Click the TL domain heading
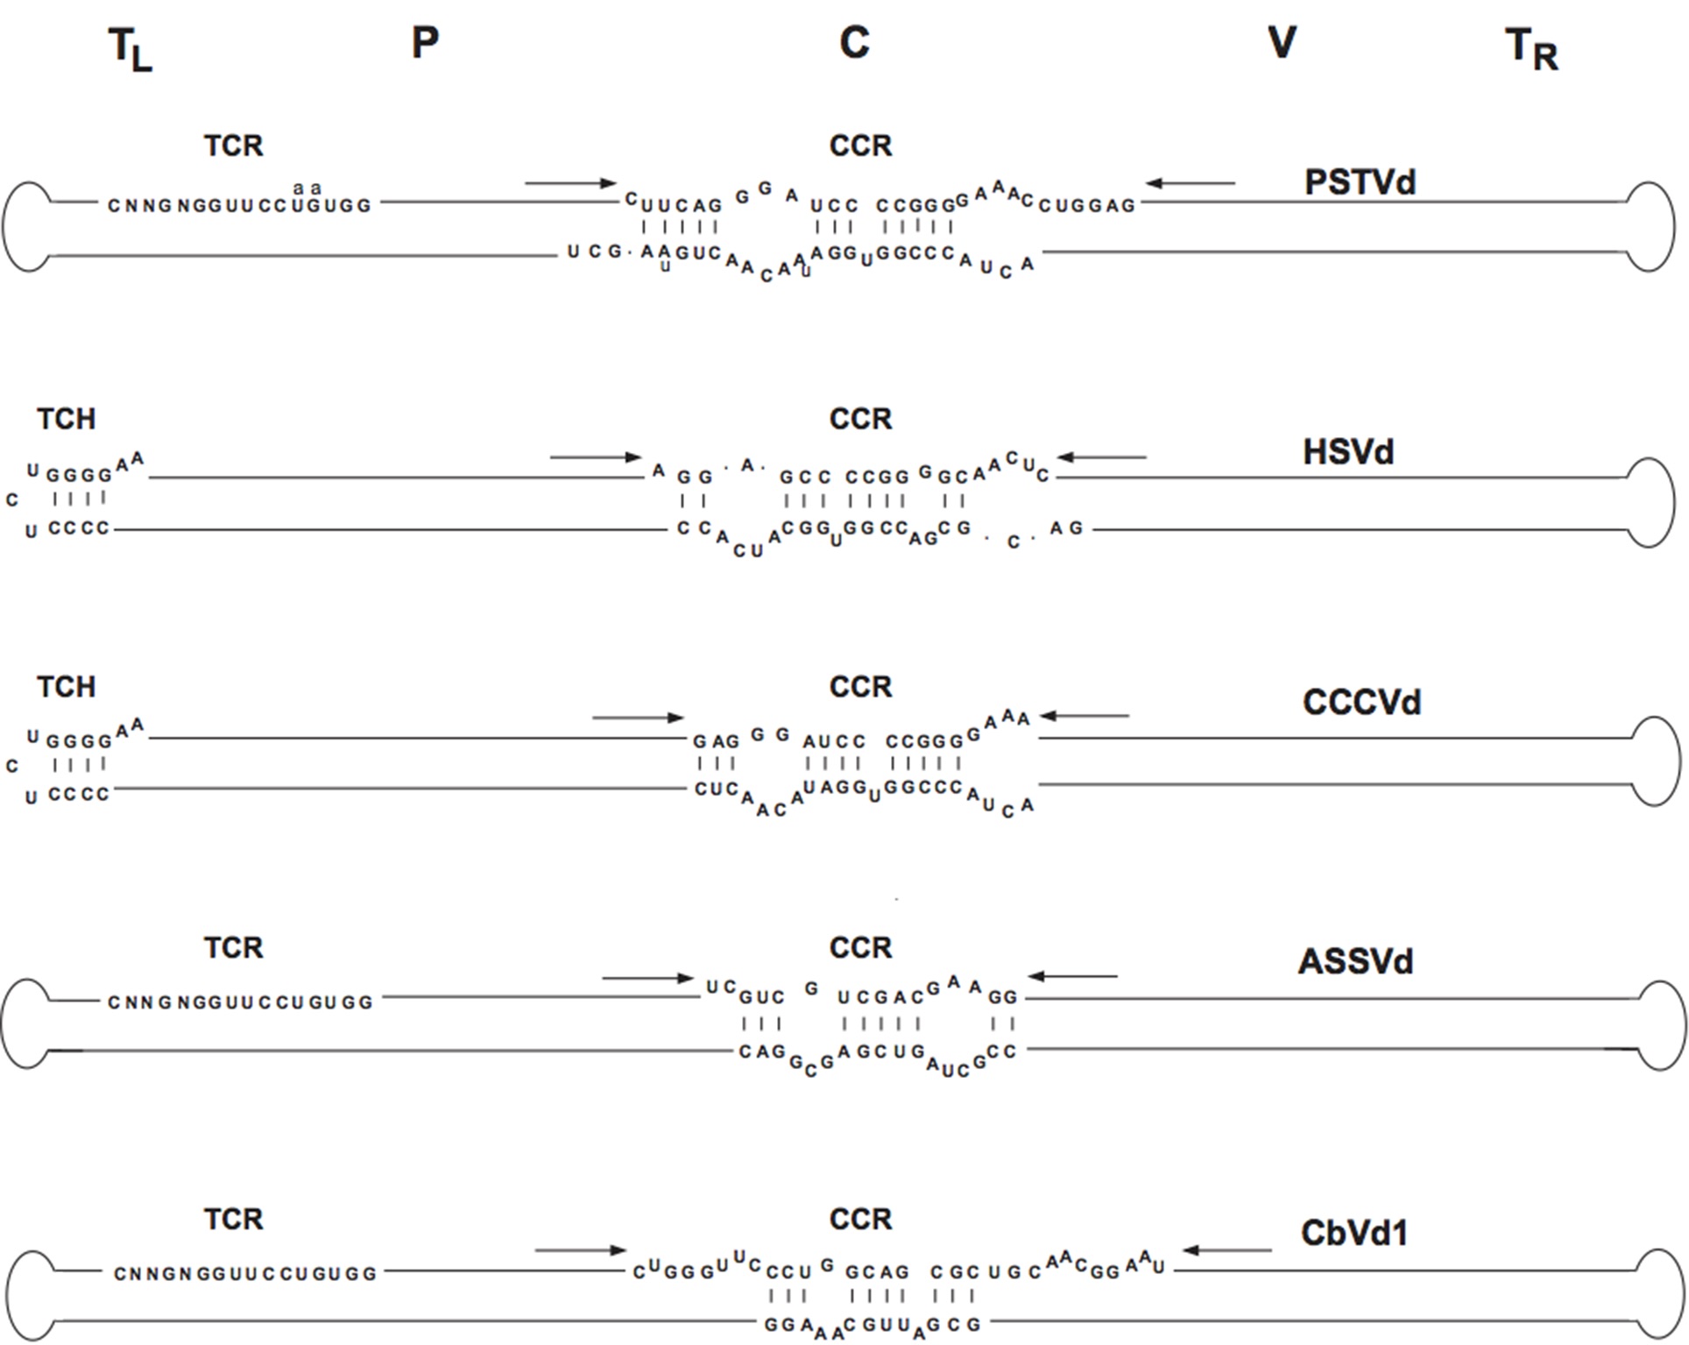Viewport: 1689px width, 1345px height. (130, 49)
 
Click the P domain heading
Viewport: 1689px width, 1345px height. (425, 43)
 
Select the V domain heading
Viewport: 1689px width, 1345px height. (1282, 43)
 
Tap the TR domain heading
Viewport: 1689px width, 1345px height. (1531, 49)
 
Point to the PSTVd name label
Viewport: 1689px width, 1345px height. (1360, 182)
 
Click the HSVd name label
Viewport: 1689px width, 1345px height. (1348, 453)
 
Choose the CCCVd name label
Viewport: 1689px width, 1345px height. (1361, 703)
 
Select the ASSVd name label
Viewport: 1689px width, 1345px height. (1355, 962)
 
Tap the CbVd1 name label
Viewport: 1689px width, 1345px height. (1354, 1234)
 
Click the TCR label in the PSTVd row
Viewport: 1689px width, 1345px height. (233, 145)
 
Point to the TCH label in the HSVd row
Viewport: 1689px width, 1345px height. (66, 419)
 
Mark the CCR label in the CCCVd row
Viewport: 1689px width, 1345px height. (860, 687)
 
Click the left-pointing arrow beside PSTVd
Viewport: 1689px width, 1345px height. (1191, 183)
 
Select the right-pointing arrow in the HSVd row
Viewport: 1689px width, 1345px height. (596, 457)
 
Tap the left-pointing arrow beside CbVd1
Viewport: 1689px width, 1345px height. (1226, 1250)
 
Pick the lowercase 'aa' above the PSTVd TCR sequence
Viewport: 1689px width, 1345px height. (307, 188)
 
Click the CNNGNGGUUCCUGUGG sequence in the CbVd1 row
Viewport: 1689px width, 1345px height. (244, 1274)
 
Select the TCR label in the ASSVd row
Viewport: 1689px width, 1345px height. (233, 948)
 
